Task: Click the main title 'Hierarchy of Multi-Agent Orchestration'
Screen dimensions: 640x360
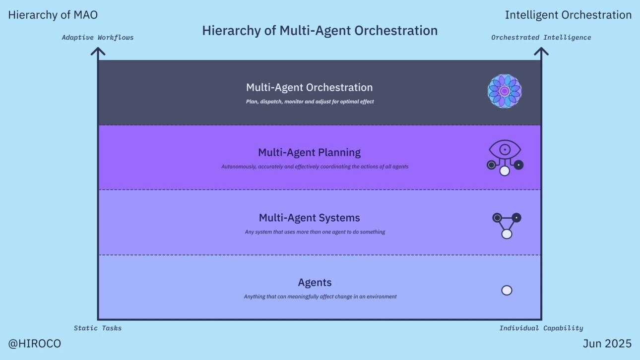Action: [x=320, y=31]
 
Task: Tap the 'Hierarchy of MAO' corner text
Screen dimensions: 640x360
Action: [x=53, y=15]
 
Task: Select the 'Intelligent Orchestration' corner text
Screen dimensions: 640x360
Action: [x=568, y=15]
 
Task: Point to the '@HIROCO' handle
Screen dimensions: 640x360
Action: [x=35, y=344]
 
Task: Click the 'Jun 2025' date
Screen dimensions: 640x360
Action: [x=607, y=344]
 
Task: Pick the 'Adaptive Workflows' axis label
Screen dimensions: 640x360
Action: [x=98, y=37]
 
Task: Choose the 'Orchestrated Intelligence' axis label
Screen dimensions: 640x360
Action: [x=541, y=37]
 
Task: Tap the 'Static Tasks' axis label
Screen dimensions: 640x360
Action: [x=98, y=328]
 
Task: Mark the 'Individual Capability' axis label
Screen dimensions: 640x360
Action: [x=541, y=328]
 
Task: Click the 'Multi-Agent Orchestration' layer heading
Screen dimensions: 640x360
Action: [x=310, y=87]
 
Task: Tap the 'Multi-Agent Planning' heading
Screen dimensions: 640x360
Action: [x=310, y=152]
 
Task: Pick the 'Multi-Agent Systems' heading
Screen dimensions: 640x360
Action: [x=310, y=218]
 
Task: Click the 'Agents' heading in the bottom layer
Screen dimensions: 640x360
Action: [x=315, y=283]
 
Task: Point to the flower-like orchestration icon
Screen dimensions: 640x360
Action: [x=505, y=91]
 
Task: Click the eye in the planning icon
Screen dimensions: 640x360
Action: [x=505, y=149]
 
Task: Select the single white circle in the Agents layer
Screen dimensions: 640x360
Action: [x=507, y=291]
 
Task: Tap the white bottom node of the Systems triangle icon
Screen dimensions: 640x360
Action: [x=507, y=234]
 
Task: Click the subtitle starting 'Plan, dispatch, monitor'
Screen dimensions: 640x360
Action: [x=310, y=102]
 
